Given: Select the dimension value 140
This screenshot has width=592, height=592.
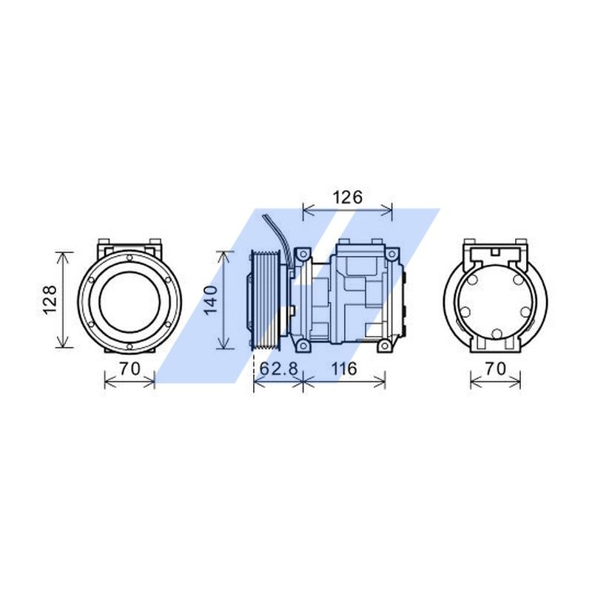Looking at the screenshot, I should coord(210,300).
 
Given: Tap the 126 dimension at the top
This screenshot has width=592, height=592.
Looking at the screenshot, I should coord(346,198).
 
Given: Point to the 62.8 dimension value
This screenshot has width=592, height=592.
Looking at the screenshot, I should coord(277,368).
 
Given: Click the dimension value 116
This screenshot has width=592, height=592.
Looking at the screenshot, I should coord(343,368).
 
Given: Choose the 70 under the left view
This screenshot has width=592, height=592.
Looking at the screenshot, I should coord(129,368).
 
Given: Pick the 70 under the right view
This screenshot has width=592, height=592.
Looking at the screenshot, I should coord(495,368).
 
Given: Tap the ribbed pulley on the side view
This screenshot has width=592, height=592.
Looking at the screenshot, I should coord(264,300).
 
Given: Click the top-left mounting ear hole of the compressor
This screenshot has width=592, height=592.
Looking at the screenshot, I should coord(301,255).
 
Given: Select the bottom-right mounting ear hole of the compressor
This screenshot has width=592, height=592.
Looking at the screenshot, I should coord(383,346).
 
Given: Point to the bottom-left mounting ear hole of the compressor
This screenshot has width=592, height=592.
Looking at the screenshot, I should coord(301,346).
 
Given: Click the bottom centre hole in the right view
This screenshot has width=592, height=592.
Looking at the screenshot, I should coord(497,334).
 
